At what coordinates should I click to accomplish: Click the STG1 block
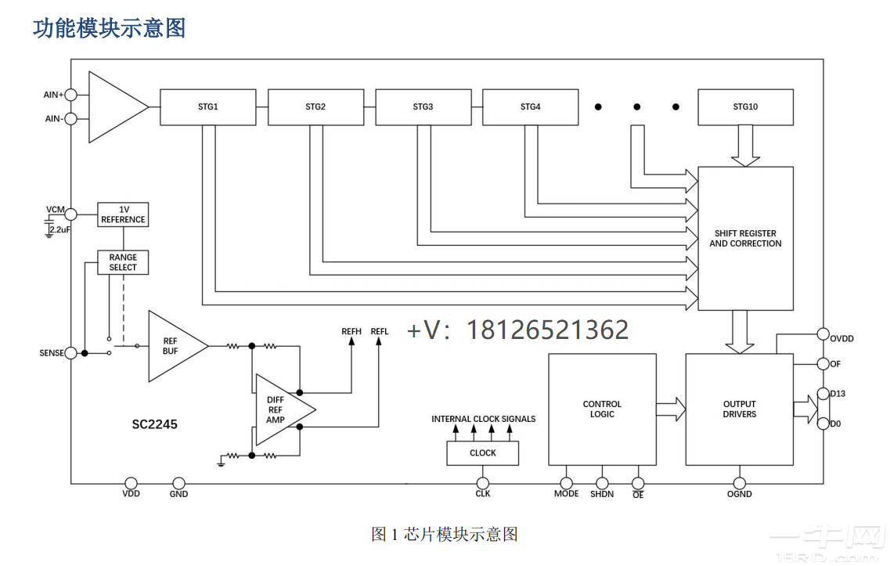tap(207, 107)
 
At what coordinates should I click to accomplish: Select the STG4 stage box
tap(530, 107)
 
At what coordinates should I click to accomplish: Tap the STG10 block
tap(744, 107)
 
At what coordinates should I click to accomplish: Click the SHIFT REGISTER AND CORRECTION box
tap(745, 238)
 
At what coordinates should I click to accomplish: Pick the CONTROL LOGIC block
tap(602, 409)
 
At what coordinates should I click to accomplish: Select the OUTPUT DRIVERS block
tap(739, 409)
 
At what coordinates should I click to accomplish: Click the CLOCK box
tap(482, 452)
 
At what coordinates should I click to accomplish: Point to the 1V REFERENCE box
tap(123, 215)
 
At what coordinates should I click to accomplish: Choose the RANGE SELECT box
tap(123, 262)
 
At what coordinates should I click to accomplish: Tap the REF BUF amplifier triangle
tap(173, 346)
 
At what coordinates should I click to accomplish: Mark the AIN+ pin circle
tap(70, 95)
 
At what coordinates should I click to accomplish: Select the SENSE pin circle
tap(70, 353)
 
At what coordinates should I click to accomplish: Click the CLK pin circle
tap(483, 483)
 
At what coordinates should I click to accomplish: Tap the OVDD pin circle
tap(823, 333)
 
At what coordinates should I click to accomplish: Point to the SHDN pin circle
tap(602, 483)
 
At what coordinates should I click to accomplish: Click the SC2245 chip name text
tap(154, 424)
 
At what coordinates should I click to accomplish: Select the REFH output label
tap(351, 332)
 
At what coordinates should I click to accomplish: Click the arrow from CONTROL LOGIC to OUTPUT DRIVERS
tap(671, 409)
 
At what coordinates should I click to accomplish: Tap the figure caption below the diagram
tap(444, 534)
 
